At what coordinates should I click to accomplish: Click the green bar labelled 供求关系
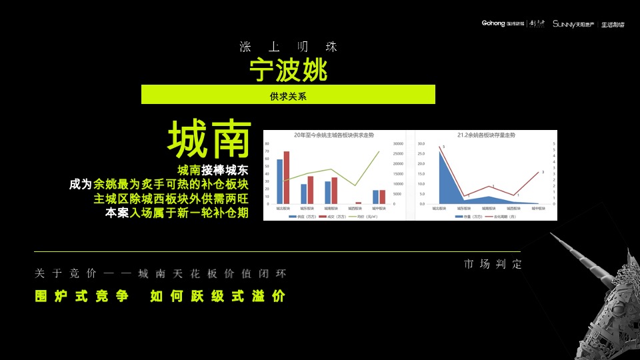tap(288, 95)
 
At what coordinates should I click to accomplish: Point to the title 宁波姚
tap(288, 69)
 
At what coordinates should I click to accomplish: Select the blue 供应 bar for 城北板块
tap(279, 181)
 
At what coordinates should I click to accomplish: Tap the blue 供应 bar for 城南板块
tap(328, 192)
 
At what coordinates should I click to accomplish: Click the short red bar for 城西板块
tap(359, 203)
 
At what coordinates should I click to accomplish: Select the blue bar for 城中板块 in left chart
tap(376, 197)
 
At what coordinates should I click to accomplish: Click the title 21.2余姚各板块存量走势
tap(487, 135)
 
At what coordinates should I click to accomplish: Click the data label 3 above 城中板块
tap(543, 171)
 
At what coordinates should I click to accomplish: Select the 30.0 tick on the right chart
tap(421, 144)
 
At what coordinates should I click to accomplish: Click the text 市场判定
tap(493, 265)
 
